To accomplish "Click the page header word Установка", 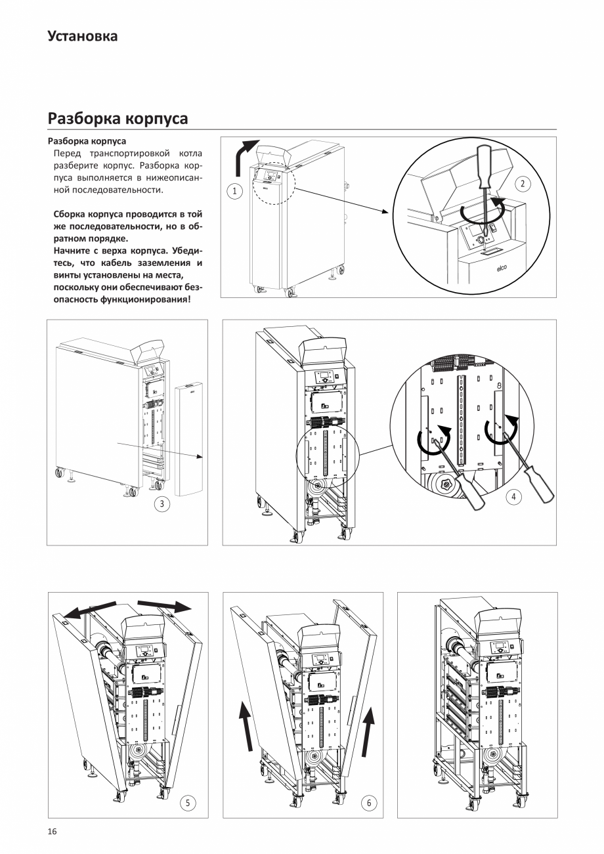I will tap(83, 36).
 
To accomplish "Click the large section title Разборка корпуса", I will tap(118, 118).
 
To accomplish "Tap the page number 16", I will tap(52, 832).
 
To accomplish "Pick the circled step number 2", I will tap(522, 184).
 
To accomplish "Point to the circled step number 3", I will tap(161, 504).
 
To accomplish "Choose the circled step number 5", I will tap(188, 803).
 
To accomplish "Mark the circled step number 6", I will tap(369, 803).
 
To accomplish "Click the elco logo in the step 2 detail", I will tap(501, 268).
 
